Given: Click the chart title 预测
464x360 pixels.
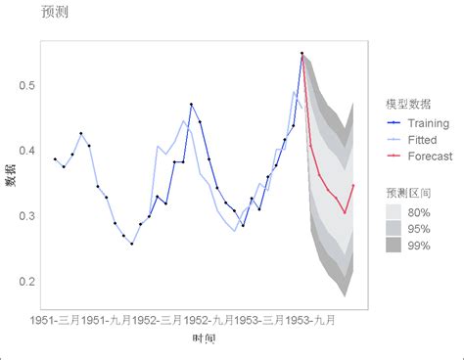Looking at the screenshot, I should point(55,13).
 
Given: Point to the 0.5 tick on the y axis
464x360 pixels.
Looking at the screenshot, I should point(26,86).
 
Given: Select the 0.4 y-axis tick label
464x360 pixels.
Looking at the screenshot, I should point(26,151).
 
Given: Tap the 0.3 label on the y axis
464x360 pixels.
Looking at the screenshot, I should point(26,216).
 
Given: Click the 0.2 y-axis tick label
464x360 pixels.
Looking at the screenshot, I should point(26,282).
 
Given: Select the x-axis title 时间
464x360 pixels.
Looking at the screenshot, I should point(205,338).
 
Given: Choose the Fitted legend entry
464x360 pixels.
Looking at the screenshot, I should point(422,140).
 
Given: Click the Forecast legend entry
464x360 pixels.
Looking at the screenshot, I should point(429,157).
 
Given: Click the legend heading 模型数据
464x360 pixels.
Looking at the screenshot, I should point(408,104).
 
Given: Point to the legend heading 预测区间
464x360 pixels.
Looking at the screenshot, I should point(408,193).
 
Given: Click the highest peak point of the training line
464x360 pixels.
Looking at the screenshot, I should point(302,53).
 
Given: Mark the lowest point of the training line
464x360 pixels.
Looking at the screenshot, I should point(132,244).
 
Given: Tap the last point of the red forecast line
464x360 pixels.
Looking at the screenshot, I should point(353,185).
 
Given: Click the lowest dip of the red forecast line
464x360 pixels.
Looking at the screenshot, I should point(345,212).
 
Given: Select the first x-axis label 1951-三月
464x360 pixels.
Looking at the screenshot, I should point(55,319).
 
